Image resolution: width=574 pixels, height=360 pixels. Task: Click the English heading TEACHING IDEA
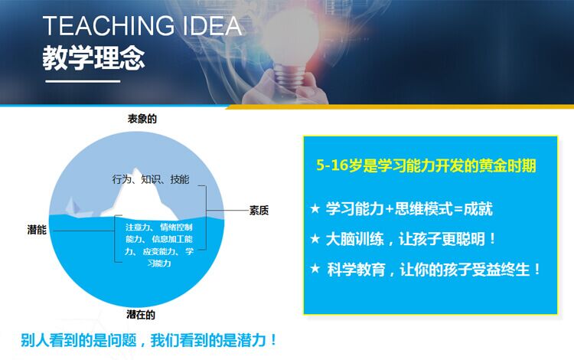pyautogui.click(x=142, y=25)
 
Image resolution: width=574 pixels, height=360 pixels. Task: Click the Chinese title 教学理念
pyautogui.click(x=93, y=58)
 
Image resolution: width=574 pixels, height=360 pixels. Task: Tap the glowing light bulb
pyautogui.click(x=291, y=41)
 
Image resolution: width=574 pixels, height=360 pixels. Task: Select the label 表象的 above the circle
pyautogui.click(x=142, y=119)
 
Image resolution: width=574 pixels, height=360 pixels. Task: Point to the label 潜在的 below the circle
pyautogui.click(x=141, y=315)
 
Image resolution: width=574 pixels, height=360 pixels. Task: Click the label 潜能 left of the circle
pyautogui.click(x=37, y=230)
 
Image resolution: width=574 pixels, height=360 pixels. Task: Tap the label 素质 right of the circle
pyautogui.click(x=259, y=210)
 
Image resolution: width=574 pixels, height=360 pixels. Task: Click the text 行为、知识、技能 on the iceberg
pyautogui.click(x=151, y=179)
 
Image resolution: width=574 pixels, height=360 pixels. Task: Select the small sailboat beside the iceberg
pyautogui.click(x=77, y=208)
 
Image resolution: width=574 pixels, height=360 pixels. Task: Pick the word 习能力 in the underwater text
pyautogui.click(x=159, y=263)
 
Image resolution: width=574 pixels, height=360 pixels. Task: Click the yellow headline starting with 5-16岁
pyautogui.click(x=426, y=165)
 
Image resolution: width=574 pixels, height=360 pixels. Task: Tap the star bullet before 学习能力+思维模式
pyautogui.click(x=315, y=209)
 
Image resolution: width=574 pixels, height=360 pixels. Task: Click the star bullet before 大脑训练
pyautogui.click(x=315, y=239)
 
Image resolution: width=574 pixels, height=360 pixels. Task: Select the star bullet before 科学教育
pyautogui.click(x=315, y=269)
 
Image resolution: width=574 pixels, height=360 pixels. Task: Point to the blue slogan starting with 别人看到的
pyautogui.click(x=148, y=340)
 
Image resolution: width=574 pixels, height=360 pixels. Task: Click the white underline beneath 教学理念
pyautogui.click(x=83, y=81)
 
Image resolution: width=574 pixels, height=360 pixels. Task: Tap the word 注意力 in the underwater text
pyautogui.click(x=137, y=227)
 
